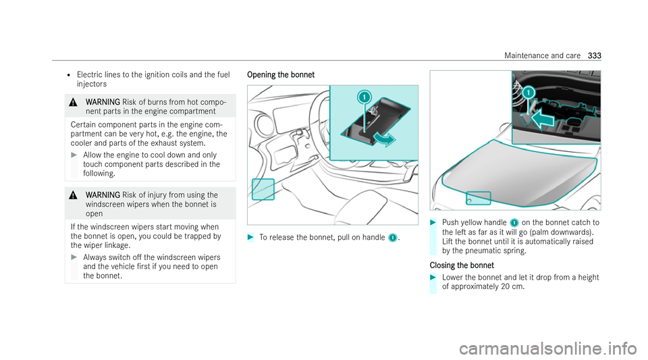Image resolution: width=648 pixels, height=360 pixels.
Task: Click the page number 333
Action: (594, 55)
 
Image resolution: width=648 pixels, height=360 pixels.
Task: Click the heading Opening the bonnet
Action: (281, 75)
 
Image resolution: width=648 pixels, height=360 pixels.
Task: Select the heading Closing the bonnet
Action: (462, 265)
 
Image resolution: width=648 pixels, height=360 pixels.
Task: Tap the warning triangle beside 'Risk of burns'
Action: (73, 102)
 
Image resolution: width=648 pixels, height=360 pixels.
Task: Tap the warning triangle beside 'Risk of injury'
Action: (73, 195)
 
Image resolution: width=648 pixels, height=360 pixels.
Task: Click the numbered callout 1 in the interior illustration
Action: (364, 97)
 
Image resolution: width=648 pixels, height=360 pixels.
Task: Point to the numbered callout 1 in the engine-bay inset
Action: (529, 92)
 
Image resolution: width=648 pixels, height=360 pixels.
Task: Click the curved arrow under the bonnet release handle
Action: (384, 140)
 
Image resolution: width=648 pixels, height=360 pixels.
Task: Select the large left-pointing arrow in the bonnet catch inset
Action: (542, 120)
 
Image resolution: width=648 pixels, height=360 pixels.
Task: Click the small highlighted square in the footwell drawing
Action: (263, 189)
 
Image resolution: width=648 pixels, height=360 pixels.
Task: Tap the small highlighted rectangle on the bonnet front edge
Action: (479, 198)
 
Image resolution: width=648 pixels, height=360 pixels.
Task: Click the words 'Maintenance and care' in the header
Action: (542, 55)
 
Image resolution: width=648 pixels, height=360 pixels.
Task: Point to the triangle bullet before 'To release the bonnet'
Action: (250, 237)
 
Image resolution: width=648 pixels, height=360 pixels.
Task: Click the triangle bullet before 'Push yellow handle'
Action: (433, 222)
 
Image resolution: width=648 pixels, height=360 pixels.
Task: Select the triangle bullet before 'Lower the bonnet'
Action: (433, 278)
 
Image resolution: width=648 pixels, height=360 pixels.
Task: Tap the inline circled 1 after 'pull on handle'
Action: (393, 238)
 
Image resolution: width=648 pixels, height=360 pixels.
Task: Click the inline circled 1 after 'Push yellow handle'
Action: (514, 223)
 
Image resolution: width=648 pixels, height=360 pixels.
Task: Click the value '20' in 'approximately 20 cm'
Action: (505, 287)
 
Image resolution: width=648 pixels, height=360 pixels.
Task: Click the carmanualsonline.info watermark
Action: (547, 348)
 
